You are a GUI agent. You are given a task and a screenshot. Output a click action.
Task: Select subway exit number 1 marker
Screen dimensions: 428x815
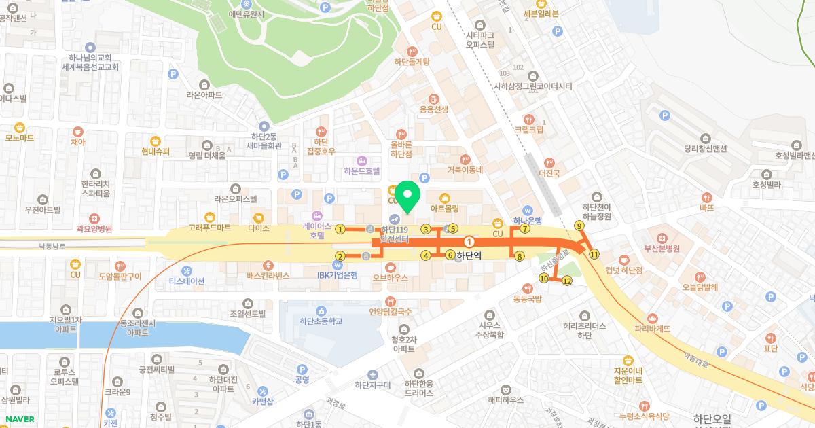click(x=340, y=229)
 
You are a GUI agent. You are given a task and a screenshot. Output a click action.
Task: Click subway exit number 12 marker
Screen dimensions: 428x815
click(x=567, y=281)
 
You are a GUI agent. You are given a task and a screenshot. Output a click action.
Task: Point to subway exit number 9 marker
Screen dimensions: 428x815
click(x=579, y=226)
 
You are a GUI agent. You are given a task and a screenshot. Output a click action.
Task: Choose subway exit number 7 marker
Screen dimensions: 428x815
click(x=525, y=229)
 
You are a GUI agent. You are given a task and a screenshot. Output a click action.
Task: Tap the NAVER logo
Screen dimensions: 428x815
click(x=20, y=419)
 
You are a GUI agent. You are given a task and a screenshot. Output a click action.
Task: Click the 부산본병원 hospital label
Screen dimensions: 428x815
click(x=662, y=248)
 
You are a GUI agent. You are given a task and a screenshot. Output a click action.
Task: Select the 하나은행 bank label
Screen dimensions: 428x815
click(x=528, y=220)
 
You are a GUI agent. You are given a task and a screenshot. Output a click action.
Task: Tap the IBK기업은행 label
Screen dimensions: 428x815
click(x=338, y=274)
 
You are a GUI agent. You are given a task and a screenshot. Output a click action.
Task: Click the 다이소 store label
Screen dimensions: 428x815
click(x=259, y=229)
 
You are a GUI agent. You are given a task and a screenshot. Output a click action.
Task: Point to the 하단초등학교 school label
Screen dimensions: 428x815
click(x=321, y=321)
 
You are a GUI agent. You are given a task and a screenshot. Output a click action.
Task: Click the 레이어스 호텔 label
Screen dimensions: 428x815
click(x=316, y=230)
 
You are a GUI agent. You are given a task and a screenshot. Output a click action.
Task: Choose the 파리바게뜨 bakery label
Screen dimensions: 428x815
click(x=652, y=328)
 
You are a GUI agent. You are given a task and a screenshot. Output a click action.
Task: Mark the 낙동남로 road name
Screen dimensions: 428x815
click(x=51, y=245)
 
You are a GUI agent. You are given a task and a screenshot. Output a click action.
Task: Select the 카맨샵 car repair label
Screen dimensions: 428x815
click(x=262, y=401)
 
